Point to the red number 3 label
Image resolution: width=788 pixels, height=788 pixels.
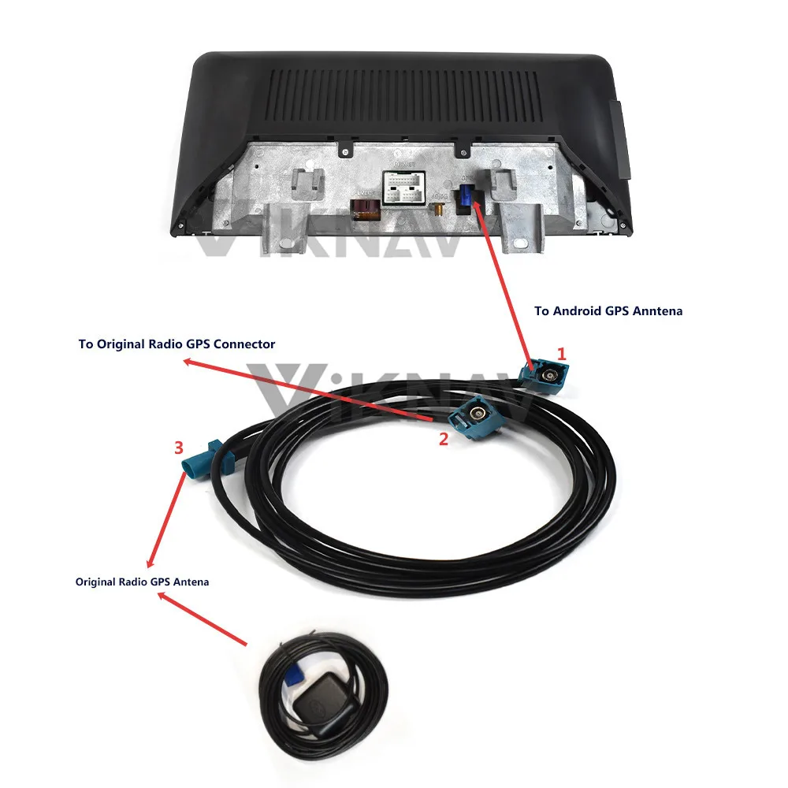click(x=179, y=448)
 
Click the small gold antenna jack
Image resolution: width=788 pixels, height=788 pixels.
click(x=436, y=210)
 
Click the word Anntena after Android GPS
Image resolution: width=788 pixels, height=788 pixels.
click(x=656, y=311)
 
